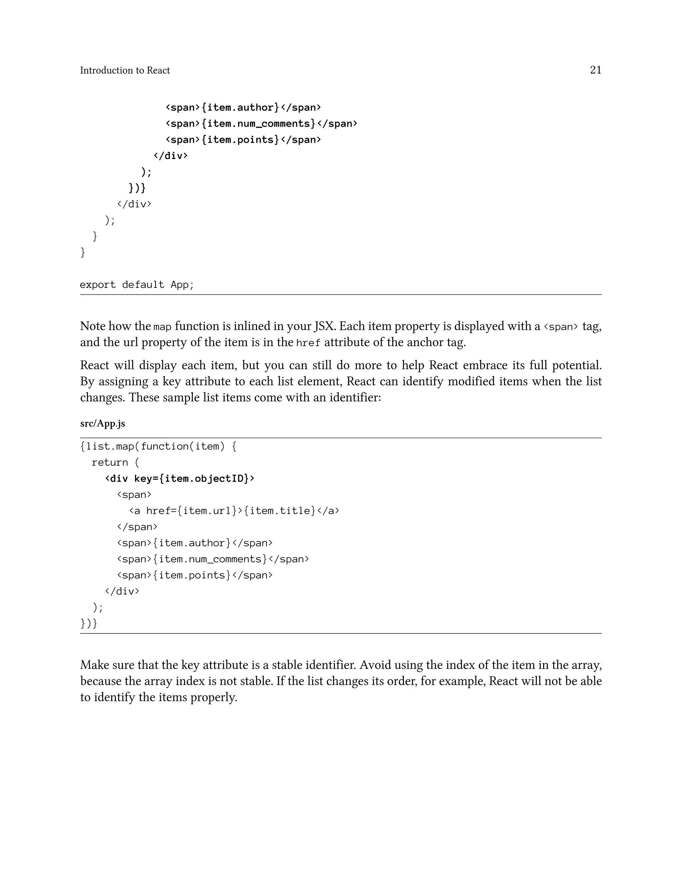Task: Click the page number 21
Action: (595, 70)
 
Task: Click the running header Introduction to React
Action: (125, 70)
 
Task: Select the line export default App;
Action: (137, 285)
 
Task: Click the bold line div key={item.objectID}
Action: (180, 479)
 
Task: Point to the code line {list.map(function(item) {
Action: (159, 446)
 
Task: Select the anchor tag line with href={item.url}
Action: (234, 511)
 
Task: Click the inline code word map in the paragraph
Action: (163, 327)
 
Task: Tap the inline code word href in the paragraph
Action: (308, 343)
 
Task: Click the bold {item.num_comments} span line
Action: (261, 124)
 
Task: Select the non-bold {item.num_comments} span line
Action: (213, 559)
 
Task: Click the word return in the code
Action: (110, 462)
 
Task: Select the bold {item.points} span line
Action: (243, 140)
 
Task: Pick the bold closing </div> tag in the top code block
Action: (170, 156)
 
